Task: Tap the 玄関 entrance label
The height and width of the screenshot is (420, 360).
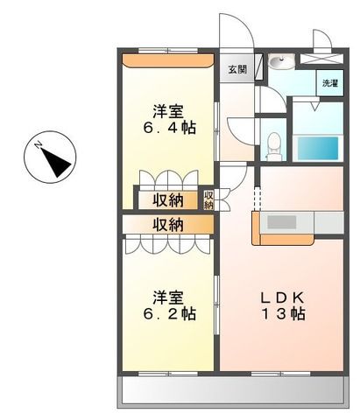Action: tap(237, 69)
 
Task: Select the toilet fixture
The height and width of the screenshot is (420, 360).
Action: tap(273, 143)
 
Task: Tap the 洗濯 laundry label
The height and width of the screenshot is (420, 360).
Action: tap(328, 84)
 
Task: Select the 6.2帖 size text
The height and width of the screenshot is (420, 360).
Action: tap(170, 313)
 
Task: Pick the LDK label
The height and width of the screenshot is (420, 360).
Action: tap(282, 295)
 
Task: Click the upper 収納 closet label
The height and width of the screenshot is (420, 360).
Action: tap(167, 199)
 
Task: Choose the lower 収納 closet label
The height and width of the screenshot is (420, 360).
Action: tap(167, 225)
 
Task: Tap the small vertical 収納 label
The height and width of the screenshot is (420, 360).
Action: tap(208, 199)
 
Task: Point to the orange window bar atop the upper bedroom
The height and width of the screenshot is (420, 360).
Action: tap(167, 60)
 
